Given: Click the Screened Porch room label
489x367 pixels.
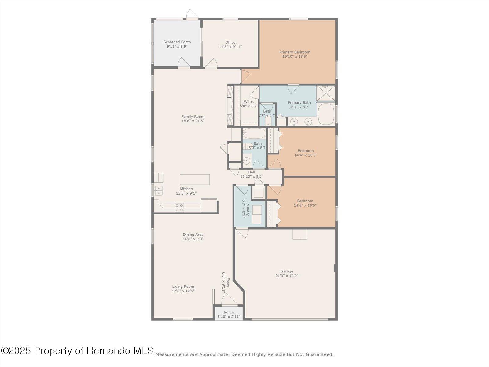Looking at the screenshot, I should coord(177,42).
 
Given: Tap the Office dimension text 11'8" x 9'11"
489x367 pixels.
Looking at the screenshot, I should coord(230,47).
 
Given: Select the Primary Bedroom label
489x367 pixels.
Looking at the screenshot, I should coord(295,52).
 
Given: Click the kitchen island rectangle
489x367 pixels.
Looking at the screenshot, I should coord(195,180).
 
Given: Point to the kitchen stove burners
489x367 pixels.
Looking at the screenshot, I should coord(179,208).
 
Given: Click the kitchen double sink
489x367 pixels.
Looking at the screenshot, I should coord(158,191).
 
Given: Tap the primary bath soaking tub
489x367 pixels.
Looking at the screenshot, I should coord(326,114).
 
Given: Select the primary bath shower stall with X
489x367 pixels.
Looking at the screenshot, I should coord(326,93).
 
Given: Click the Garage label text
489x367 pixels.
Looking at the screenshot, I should coord(287,271).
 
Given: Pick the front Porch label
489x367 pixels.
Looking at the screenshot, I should coord(229,312).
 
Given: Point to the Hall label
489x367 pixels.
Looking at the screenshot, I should coord(252,172).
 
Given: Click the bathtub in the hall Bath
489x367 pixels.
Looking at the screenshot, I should coord(254,134).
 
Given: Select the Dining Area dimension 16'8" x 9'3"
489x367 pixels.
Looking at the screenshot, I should coord(193,239).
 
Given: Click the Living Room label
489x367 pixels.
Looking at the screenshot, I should coord(183,287).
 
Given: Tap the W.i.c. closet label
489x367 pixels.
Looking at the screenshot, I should coord(248,102).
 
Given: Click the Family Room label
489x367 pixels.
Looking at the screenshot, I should coord(193,117).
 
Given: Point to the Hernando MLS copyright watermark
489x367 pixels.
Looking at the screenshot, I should coord(77,350).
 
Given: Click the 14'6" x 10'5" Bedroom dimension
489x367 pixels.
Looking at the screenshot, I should coord(305,205).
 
